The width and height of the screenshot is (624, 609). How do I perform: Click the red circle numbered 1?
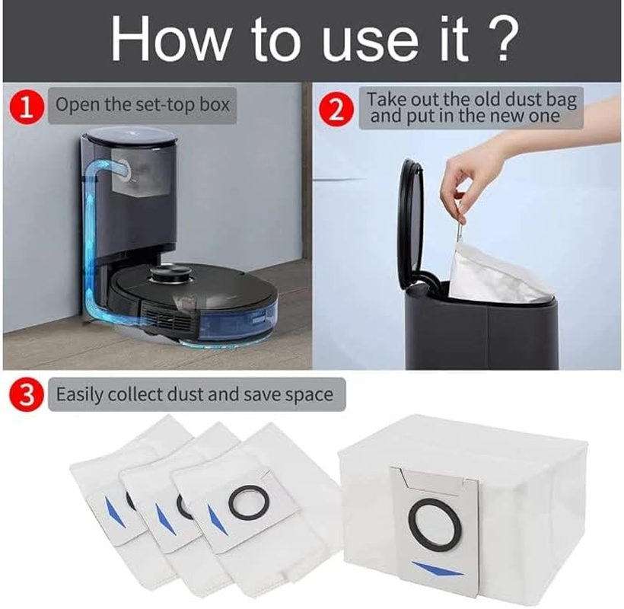click(x=27, y=106)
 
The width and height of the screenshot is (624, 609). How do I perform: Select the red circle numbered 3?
click(x=27, y=395)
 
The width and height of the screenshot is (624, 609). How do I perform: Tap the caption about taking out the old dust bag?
click(x=472, y=107)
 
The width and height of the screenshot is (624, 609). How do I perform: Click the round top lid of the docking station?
click(x=131, y=136)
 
